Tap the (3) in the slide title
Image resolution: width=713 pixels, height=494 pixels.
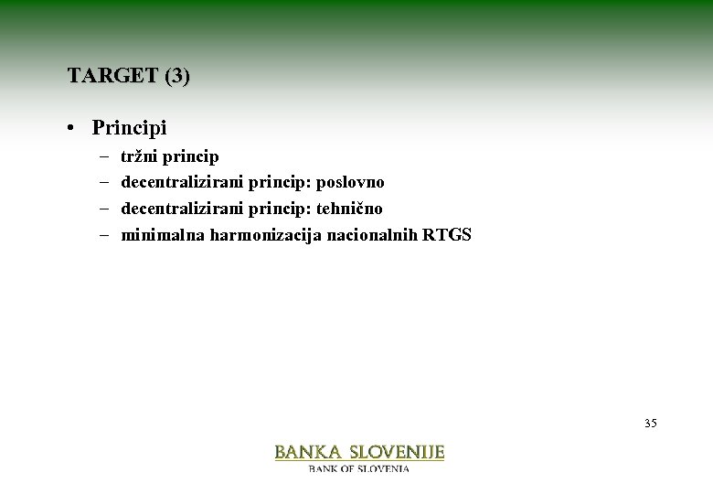pos(177,76)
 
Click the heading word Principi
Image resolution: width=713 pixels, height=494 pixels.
pos(129,127)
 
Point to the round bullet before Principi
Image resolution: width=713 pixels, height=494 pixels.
pos(70,128)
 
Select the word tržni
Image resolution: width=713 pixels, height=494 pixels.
pos(138,156)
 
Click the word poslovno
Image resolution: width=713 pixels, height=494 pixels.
pos(350,183)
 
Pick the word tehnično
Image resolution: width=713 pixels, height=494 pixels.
pos(349,209)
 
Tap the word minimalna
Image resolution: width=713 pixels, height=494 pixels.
pos(163,235)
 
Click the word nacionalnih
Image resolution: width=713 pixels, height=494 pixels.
pos(373,235)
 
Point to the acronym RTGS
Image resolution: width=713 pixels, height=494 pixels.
pos(447,235)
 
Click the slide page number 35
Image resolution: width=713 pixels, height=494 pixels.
pos(650,423)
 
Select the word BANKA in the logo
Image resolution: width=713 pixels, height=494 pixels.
pos(308,452)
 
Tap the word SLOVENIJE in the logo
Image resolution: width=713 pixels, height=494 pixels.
pos(399,452)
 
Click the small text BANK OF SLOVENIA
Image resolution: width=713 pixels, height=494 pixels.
pos(359,468)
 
